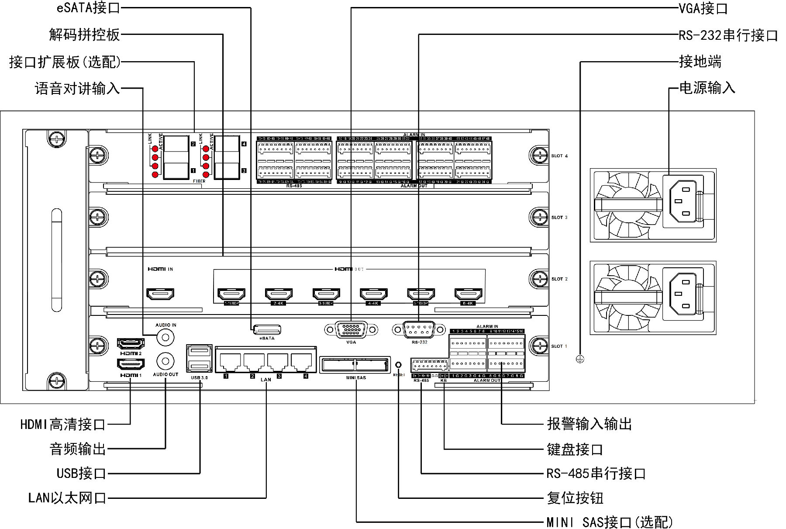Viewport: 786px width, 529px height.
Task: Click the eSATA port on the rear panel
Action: [267, 329]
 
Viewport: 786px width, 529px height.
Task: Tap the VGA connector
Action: [351, 329]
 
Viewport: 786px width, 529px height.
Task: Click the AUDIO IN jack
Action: [165, 337]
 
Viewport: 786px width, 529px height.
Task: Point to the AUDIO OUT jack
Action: [165, 361]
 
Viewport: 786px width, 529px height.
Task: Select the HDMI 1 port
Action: [131, 364]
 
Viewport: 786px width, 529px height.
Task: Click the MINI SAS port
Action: [355, 365]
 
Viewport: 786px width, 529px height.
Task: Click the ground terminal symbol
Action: [580, 359]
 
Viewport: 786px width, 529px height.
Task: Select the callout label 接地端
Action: [700, 62]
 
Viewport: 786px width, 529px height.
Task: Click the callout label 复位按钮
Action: [575, 498]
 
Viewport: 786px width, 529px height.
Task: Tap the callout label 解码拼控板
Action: [84, 35]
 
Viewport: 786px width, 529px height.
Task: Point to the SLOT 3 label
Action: [559, 217]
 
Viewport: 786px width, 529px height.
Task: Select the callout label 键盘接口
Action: [575, 449]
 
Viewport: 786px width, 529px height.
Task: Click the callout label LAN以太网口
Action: [67, 498]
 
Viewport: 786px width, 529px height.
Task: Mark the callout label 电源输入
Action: [707, 88]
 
